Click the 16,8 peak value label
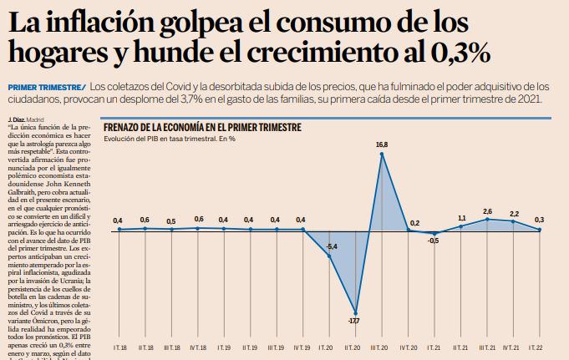[382, 145]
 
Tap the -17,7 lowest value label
[354, 320]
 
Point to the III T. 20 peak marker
[382, 154]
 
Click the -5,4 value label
[331, 246]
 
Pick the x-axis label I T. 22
[540, 346]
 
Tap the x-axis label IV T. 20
[408, 346]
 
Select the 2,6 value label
[487, 210]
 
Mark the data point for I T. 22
[540, 230]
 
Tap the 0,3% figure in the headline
[451, 53]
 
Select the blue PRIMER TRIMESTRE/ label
[46, 87]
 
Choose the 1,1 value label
[460, 218]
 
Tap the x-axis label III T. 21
[487, 346]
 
